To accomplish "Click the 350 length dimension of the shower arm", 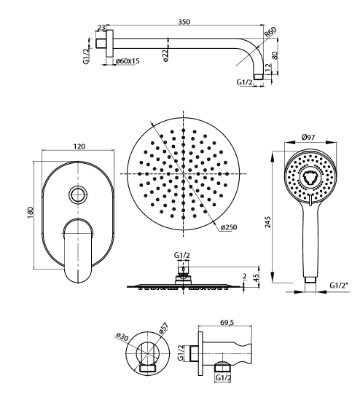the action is pyautogui.click(x=184, y=22).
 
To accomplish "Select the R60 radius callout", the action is pyautogui.click(x=270, y=32).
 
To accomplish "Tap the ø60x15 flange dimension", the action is pyautogui.click(x=128, y=61).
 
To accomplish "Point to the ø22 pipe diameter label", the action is pyautogui.click(x=165, y=55).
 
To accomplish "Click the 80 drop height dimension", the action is pyautogui.click(x=275, y=55).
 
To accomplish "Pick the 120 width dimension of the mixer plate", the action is pyautogui.click(x=79, y=146).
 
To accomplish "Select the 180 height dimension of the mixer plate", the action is pyautogui.click(x=31, y=212).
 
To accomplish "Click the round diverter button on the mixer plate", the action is pyautogui.click(x=77, y=194).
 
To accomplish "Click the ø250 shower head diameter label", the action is pyautogui.click(x=229, y=227).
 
